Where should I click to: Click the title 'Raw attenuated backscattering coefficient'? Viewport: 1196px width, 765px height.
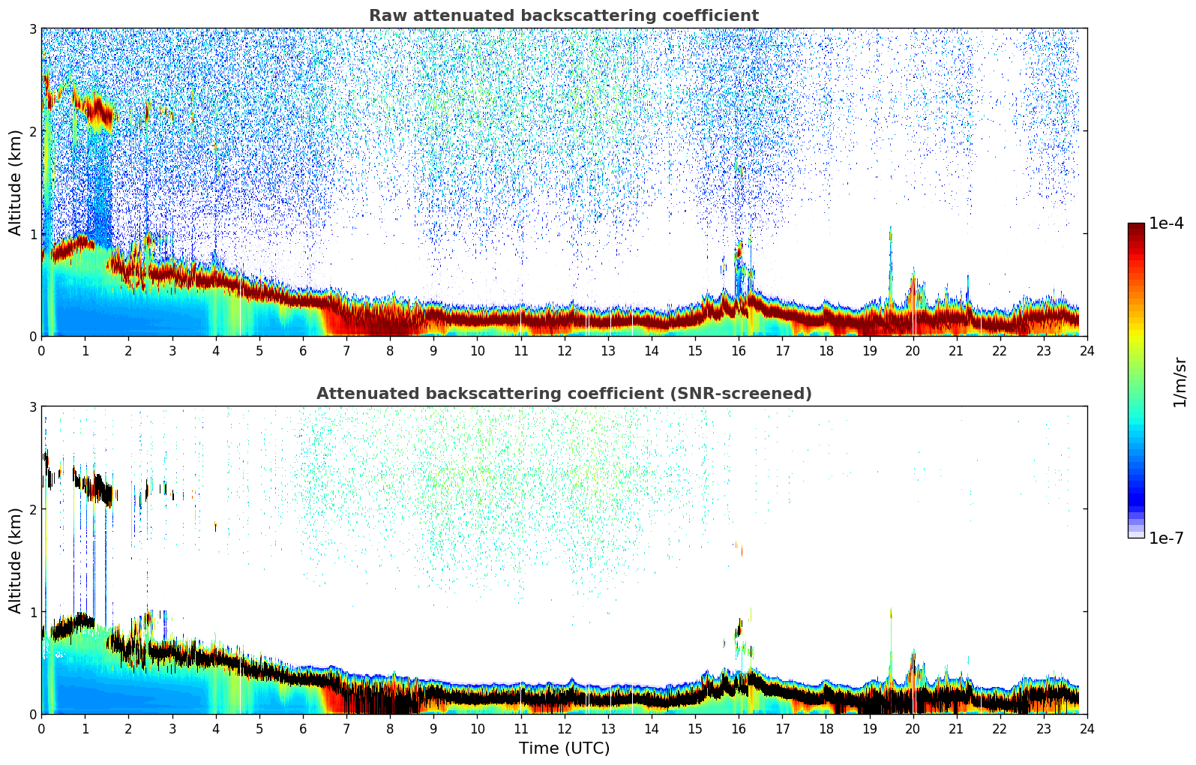563,16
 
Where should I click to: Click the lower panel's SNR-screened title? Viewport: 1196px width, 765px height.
563,394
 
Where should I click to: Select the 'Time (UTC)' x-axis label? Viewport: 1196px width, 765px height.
564,748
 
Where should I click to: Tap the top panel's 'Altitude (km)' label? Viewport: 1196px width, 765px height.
15,182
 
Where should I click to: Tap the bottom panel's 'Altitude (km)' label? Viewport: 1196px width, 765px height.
15,560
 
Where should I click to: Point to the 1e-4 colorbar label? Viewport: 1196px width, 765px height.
1166,223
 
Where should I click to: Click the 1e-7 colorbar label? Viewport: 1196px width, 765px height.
1166,538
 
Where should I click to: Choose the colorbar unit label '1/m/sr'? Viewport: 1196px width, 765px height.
1180,382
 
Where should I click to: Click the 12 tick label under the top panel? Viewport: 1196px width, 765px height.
564,350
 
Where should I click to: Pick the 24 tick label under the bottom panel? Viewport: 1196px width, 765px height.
1087,728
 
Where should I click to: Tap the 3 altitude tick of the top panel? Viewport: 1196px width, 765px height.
33,28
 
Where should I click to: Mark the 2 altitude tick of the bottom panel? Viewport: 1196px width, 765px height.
33,509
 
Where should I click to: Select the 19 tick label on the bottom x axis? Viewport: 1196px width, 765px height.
869,728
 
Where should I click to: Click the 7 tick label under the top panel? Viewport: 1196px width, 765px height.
346,350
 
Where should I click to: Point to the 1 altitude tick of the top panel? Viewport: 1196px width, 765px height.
33,234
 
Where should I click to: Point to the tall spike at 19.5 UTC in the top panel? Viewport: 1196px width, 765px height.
891,247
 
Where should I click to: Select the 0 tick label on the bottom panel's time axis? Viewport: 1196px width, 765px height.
41,728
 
